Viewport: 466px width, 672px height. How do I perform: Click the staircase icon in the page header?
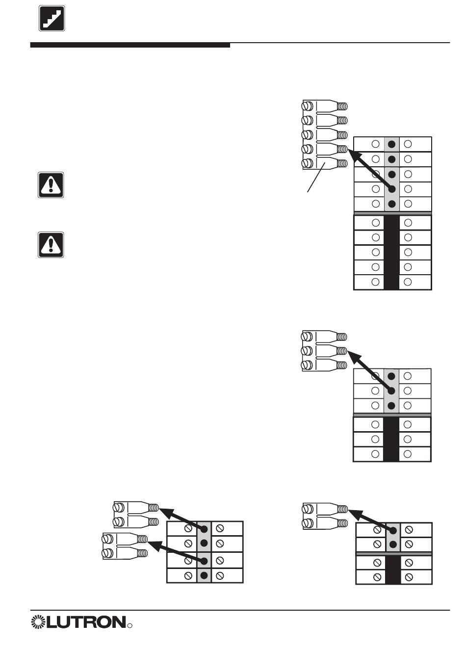pyautogui.click(x=52, y=19)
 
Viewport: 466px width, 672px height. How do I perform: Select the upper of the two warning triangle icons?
pyautogui.click(x=51, y=185)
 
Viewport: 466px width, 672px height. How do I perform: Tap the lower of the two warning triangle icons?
pyautogui.click(x=51, y=244)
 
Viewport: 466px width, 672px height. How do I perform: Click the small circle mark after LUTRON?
pyautogui.click(x=130, y=626)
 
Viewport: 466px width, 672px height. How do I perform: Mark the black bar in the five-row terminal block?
pyautogui.click(x=391, y=252)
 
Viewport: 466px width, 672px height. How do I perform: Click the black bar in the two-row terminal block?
pyautogui.click(x=393, y=569)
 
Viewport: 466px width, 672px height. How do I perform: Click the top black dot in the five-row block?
pyautogui.click(x=391, y=144)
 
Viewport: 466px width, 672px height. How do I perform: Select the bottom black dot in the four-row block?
pyautogui.click(x=204, y=575)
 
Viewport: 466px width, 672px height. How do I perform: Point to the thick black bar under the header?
pyautogui.click(x=130, y=45)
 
